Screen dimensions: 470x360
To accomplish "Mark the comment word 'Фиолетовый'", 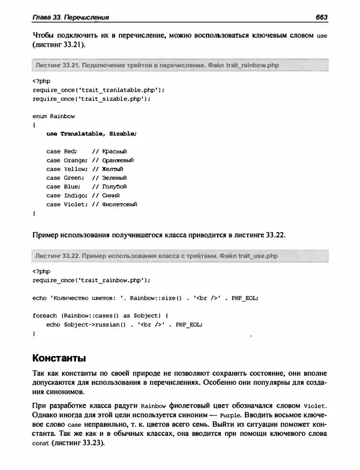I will coord(120,204).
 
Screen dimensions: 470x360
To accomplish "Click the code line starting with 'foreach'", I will coord(99,315).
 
